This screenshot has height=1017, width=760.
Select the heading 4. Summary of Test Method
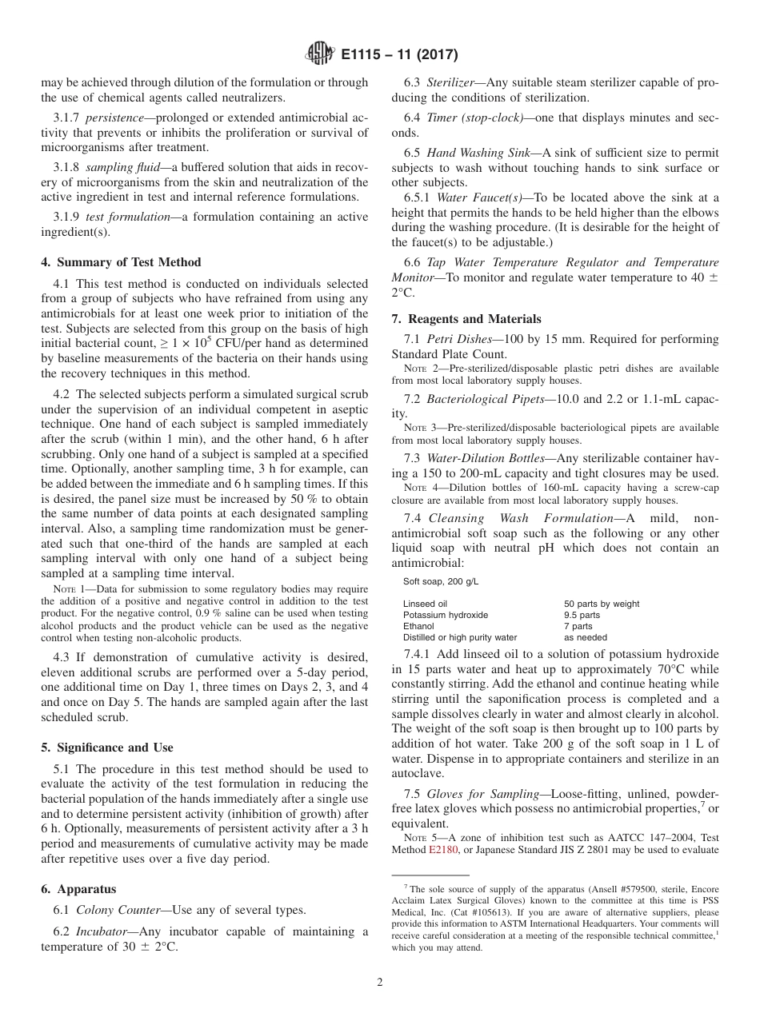pyautogui.click(x=121, y=262)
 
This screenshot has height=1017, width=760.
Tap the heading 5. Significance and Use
pyautogui.click(x=107, y=748)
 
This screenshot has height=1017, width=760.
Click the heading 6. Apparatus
pyautogui.click(x=78, y=889)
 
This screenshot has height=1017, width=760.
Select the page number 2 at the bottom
pyautogui.click(x=380, y=983)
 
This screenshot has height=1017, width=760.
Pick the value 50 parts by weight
pyautogui.click(x=601, y=604)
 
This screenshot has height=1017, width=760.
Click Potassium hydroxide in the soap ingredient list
pyautogui.click(x=446, y=615)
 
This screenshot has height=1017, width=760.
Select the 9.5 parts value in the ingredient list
pyautogui.click(x=582, y=615)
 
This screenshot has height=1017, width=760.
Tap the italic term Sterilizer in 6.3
pyautogui.click(x=452, y=82)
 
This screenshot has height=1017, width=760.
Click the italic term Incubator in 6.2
pyautogui.click(x=101, y=931)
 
